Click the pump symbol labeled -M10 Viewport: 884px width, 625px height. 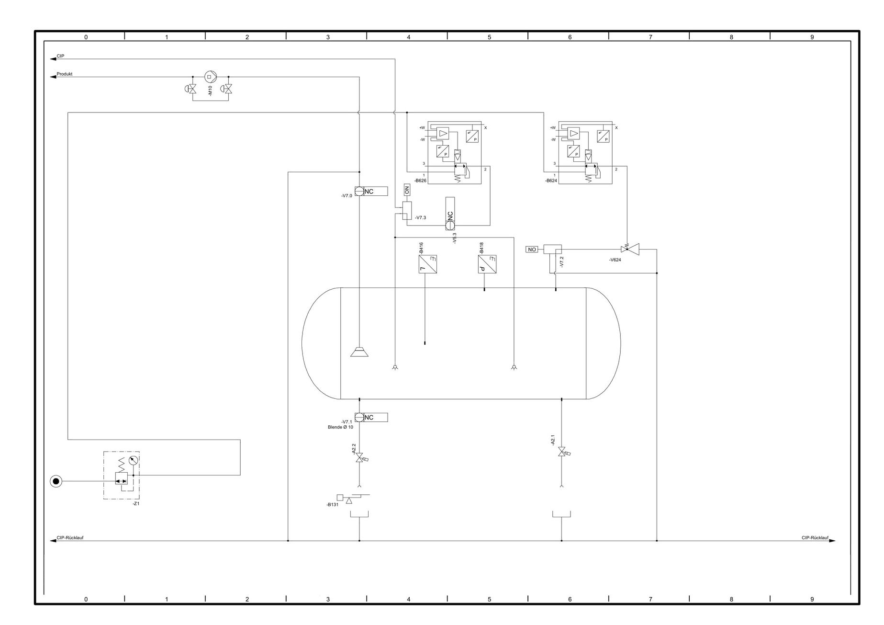[x=209, y=77]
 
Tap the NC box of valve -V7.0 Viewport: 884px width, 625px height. [x=376, y=192]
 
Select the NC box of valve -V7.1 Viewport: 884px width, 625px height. [x=376, y=418]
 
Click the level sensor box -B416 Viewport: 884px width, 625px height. [x=427, y=264]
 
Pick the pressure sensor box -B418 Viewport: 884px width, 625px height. [x=487, y=264]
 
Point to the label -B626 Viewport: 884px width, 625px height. [x=421, y=181]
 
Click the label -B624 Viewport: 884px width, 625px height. [x=551, y=181]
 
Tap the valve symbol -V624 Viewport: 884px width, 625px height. [x=630, y=249]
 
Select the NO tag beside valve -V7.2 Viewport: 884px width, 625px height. [x=532, y=250]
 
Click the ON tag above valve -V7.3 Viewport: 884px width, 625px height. [x=407, y=190]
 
